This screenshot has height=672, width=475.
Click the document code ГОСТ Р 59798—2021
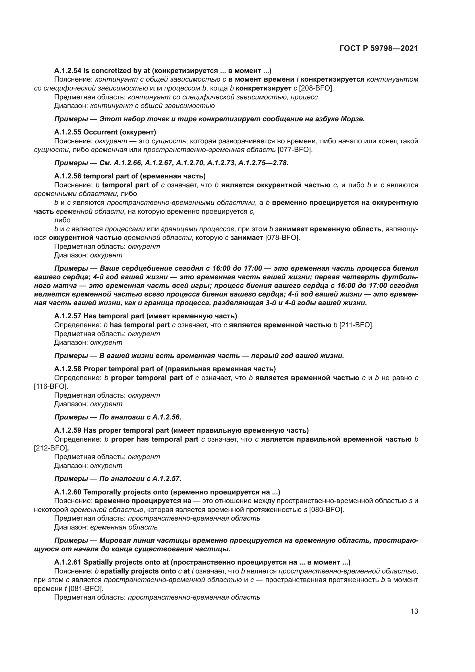tap(379, 49)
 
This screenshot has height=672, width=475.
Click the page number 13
tap(414, 611)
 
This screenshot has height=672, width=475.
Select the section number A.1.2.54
tap(67, 71)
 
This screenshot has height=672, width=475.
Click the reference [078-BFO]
tap(282, 238)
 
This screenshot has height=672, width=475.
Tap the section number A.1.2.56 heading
tap(67, 176)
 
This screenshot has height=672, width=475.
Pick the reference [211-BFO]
tap(356, 325)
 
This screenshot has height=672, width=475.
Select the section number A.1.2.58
tap(67, 369)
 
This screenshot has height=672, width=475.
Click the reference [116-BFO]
tap(51, 386)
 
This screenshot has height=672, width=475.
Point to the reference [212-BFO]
tap(51, 448)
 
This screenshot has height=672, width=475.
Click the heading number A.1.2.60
tap(67, 492)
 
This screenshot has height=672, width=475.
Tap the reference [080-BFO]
tap(327, 510)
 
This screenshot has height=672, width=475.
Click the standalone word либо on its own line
tap(62, 220)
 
